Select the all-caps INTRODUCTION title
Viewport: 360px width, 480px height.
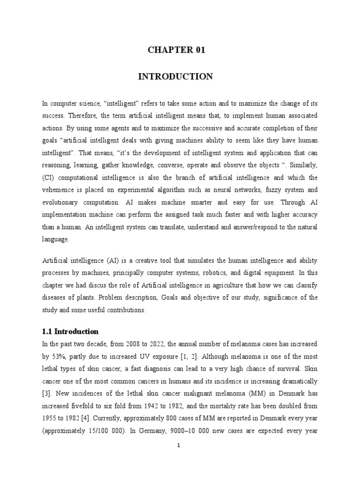(x=175, y=76)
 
